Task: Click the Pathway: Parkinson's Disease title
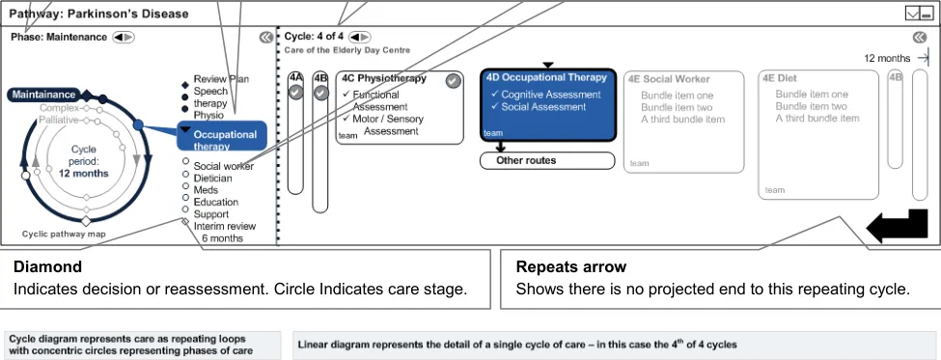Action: pos(99,14)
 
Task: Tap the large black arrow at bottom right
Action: pos(898,226)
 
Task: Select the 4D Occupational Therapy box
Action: pos(548,105)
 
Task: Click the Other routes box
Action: pos(547,161)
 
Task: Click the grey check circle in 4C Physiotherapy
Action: pos(453,80)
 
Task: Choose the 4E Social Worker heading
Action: pos(669,79)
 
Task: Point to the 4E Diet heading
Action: pos(780,78)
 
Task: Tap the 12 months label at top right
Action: pos(887,58)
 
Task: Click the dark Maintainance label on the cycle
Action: pos(44,95)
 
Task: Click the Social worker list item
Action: pos(223,166)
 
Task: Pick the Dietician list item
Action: pos(212,179)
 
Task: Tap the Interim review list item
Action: pos(225,226)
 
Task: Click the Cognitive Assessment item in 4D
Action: pos(551,95)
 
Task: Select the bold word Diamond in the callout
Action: pos(47,266)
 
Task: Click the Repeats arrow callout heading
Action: pos(571,267)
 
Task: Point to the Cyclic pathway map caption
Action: pos(64,234)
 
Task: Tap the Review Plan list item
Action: pos(221,79)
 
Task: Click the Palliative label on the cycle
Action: pos(59,120)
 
